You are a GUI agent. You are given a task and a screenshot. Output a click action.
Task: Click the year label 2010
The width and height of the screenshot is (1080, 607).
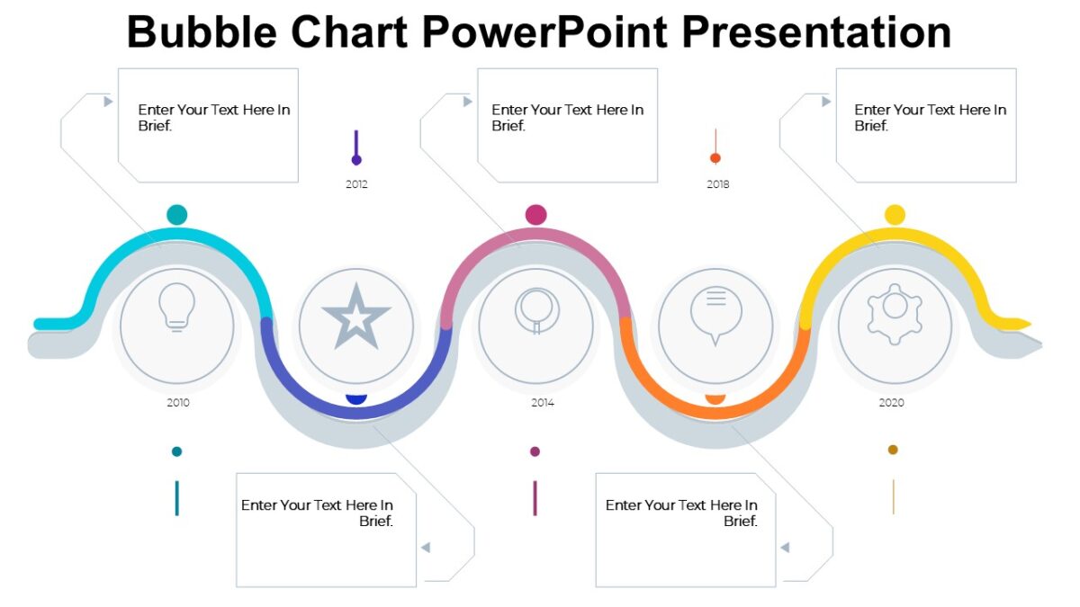178,403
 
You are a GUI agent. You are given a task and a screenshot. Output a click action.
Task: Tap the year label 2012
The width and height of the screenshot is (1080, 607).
356,184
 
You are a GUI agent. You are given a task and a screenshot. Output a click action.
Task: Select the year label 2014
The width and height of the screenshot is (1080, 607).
542,403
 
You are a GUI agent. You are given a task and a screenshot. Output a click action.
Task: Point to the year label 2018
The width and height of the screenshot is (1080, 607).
718,184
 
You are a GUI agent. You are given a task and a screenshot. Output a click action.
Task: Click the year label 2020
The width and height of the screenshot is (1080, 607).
891,403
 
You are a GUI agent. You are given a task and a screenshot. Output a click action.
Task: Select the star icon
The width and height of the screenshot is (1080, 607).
356,318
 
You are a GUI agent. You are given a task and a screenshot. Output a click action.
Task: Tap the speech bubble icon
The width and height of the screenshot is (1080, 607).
715,316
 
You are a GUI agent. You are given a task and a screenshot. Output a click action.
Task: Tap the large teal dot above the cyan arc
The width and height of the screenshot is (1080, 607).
177,215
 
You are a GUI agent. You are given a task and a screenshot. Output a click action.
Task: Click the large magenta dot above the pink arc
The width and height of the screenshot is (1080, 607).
536,215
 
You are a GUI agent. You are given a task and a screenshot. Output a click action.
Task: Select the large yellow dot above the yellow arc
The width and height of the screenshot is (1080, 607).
895,215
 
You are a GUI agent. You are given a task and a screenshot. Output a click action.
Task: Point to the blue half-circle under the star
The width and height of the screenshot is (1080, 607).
356,398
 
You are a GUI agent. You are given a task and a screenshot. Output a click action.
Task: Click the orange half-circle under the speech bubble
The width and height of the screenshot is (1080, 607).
715,398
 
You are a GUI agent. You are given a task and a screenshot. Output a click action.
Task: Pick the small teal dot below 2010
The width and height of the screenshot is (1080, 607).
177,451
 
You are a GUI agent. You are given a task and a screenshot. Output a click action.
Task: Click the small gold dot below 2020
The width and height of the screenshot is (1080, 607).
893,450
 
